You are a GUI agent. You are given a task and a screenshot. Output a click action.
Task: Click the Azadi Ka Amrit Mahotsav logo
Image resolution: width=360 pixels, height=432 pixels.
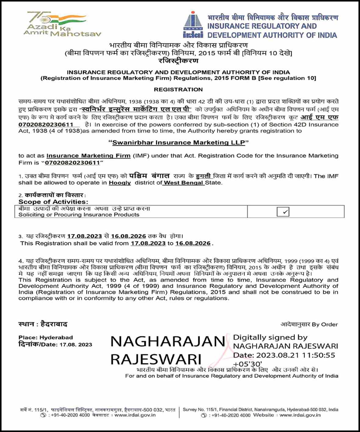[x=62, y=25]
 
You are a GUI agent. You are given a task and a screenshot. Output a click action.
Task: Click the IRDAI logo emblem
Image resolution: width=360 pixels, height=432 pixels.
[x=193, y=25]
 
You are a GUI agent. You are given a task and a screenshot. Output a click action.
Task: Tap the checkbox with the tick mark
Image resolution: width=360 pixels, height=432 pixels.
[x=283, y=212]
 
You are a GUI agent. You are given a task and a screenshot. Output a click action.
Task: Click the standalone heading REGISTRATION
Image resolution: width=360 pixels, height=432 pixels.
[x=178, y=90]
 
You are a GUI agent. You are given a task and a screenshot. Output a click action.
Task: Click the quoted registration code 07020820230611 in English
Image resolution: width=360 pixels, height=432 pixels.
[x=73, y=163]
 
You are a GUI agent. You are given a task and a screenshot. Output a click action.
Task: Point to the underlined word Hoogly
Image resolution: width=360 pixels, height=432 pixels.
[x=120, y=183]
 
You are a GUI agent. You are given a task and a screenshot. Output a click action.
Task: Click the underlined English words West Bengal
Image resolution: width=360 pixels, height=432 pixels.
[x=183, y=183]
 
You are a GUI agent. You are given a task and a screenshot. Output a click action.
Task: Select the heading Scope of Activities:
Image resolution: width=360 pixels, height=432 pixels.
[x=53, y=202]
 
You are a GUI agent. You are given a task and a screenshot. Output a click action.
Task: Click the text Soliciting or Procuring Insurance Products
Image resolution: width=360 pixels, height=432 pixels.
[x=79, y=215]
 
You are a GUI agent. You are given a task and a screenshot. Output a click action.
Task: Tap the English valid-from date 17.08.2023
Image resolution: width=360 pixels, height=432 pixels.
[x=148, y=243]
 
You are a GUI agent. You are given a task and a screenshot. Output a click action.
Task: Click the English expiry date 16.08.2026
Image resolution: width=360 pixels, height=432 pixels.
[x=193, y=243]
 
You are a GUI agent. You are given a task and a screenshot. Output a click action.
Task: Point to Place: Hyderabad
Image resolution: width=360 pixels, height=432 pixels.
[x=46, y=337]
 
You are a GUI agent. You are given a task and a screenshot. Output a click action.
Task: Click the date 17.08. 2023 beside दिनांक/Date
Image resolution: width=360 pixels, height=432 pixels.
[x=76, y=345]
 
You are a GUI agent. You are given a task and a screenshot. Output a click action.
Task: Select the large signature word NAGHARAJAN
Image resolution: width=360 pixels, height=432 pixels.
[x=168, y=341]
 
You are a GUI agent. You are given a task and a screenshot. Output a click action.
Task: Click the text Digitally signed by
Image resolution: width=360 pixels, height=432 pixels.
[x=270, y=337]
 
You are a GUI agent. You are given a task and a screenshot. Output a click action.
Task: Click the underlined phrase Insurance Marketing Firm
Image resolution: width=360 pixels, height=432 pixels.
[x=88, y=156]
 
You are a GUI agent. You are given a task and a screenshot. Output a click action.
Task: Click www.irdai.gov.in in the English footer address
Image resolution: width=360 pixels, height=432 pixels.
[x=300, y=415]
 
